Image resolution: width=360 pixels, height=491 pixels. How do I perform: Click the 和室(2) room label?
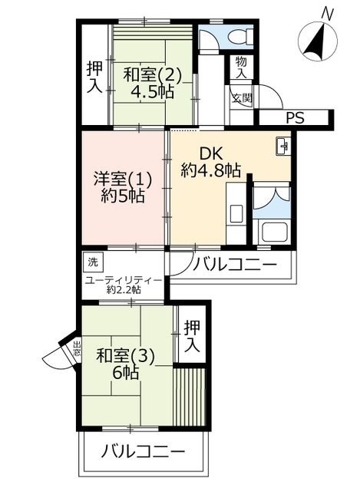tap(152, 75)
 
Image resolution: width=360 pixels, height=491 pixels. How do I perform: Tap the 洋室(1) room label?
tap(123, 180)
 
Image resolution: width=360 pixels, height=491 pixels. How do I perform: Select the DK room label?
tap(210, 154)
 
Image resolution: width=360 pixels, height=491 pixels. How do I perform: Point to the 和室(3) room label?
tap(125, 356)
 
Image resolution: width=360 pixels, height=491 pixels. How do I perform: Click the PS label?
tap(296, 118)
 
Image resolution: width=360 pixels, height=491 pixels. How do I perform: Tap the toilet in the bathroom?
tap(240, 37)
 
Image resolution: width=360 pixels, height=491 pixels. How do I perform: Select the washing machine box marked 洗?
tap(93, 262)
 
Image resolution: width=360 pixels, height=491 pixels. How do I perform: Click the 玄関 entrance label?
tap(242, 98)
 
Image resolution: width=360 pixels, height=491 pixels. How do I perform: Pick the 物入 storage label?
tap(241, 68)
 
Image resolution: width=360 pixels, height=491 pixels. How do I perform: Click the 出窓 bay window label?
tap(77, 348)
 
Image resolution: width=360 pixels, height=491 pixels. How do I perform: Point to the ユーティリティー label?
tap(124, 280)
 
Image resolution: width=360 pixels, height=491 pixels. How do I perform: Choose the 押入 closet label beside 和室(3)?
tap(192, 336)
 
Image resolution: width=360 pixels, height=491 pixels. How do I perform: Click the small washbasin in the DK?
tap(283, 146)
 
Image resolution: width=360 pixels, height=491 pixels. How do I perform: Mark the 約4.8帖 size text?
tap(210, 170)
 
